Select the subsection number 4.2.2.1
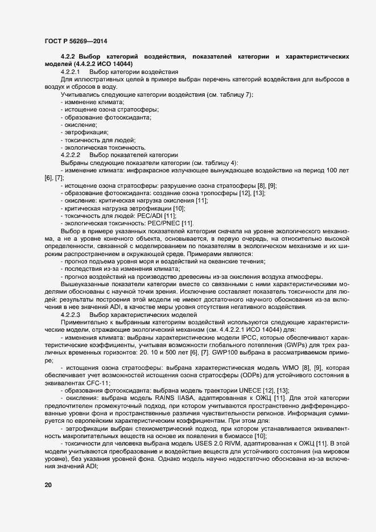click(71, 72)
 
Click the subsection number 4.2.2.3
click(71, 315)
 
